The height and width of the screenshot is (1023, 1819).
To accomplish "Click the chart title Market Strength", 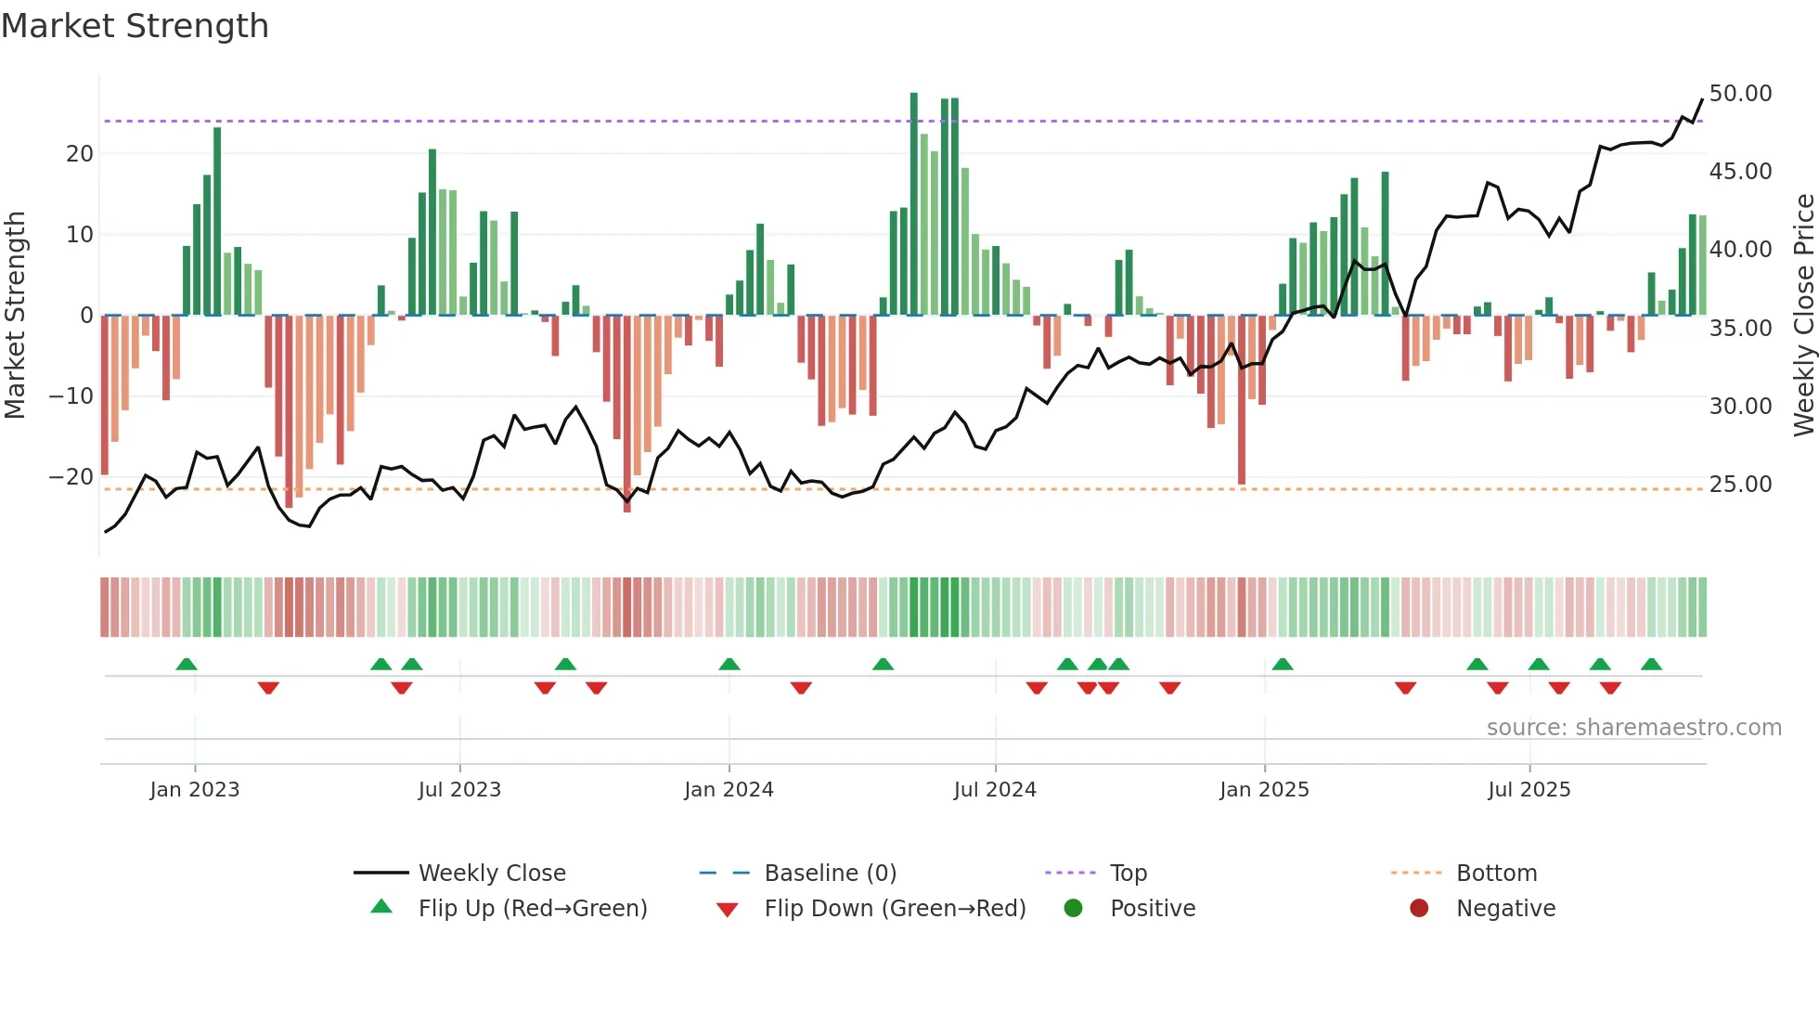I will pyautogui.click(x=135, y=26).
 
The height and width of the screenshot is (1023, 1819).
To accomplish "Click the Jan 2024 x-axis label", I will pyautogui.click(x=729, y=790).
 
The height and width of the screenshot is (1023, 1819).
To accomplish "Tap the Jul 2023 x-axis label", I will pyautogui.click(x=459, y=790).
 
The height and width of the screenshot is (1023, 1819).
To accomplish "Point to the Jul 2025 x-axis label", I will pyautogui.click(x=1529, y=790).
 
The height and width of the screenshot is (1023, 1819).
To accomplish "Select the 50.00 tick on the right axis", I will pyautogui.click(x=1740, y=94).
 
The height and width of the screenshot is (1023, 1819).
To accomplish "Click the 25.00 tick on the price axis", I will pyautogui.click(x=1740, y=485).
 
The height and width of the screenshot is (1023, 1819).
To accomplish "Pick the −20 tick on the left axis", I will pyautogui.click(x=71, y=477).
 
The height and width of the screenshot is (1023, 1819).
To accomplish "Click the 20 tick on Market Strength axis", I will pyautogui.click(x=80, y=154).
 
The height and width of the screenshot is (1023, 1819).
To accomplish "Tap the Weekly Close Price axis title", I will pyautogui.click(x=1803, y=316).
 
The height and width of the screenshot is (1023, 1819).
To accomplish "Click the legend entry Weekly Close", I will pyautogui.click(x=492, y=874).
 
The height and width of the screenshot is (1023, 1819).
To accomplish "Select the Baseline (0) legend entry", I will pyautogui.click(x=830, y=874).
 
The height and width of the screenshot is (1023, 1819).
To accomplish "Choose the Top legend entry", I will pyautogui.click(x=1129, y=874).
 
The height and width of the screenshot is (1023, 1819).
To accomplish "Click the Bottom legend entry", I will pyautogui.click(x=1496, y=874).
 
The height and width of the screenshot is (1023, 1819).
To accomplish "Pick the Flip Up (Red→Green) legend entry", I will pyautogui.click(x=532, y=909).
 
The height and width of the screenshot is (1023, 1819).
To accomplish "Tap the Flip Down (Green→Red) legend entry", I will pyautogui.click(x=895, y=909).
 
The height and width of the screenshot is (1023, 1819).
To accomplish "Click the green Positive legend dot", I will pyautogui.click(x=1074, y=909).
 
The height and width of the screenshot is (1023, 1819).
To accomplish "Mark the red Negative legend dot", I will pyautogui.click(x=1419, y=909).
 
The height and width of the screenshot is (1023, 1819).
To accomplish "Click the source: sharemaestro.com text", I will pyautogui.click(x=1633, y=728).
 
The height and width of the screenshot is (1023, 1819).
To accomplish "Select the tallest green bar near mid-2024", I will pyautogui.click(x=914, y=204).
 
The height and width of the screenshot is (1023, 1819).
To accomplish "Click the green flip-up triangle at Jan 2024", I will pyautogui.click(x=729, y=665).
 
